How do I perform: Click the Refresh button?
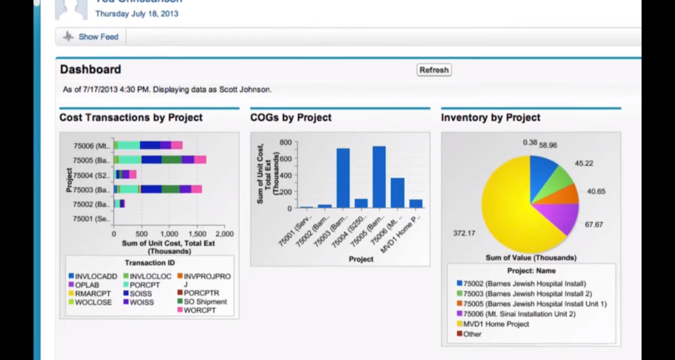(434, 70)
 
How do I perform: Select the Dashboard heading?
(90, 70)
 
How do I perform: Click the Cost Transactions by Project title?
(131, 117)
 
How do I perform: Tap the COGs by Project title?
(291, 117)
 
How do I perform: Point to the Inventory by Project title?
(491, 117)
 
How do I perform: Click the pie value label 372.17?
(463, 233)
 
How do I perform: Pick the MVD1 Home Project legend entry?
(497, 324)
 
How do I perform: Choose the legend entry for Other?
(472, 334)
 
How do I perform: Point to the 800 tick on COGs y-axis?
(285, 142)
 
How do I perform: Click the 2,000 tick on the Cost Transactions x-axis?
(224, 234)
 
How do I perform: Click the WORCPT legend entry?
(200, 310)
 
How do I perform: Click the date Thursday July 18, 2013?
(137, 13)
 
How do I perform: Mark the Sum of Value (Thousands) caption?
(531, 258)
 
